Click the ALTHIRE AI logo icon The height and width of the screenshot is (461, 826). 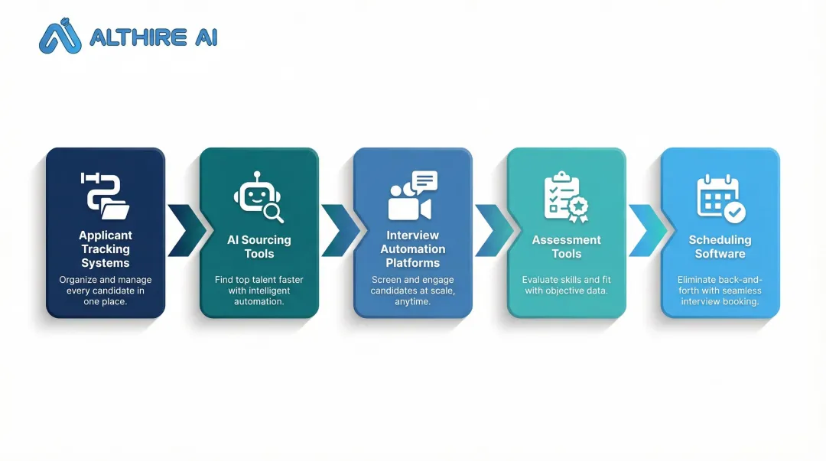[60, 36]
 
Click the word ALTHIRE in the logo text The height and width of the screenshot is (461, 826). [138, 37]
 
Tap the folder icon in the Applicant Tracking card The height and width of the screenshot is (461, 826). [115, 209]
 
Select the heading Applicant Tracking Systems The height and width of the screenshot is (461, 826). [106, 249]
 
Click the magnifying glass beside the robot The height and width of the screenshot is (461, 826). [273, 213]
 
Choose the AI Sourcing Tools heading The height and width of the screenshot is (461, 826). [259, 247]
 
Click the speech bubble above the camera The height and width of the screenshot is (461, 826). [424, 180]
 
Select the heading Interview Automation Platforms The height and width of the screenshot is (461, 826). [413, 249]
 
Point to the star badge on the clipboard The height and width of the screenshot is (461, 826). [578, 208]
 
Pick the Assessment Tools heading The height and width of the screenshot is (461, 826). [566, 247]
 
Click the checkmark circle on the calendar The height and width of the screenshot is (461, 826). [734, 213]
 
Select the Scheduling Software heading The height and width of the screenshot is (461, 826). [720, 247]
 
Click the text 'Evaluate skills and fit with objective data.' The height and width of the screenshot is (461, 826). [566, 285]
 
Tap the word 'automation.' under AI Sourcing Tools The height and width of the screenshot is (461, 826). [259, 302]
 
